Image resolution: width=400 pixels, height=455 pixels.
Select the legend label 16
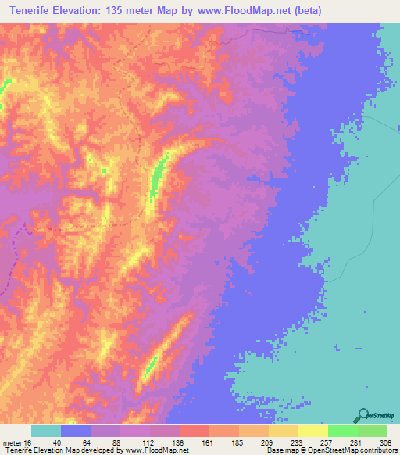click(x=29, y=442)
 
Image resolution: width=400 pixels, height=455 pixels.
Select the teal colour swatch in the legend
click(x=45, y=431)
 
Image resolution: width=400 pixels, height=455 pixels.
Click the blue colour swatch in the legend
click(x=75, y=431)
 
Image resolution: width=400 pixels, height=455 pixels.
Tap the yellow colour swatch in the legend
click(x=312, y=431)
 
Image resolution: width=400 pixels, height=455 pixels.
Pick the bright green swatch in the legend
click(x=342, y=431)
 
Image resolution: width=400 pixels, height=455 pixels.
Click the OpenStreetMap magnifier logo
click(x=362, y=415)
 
